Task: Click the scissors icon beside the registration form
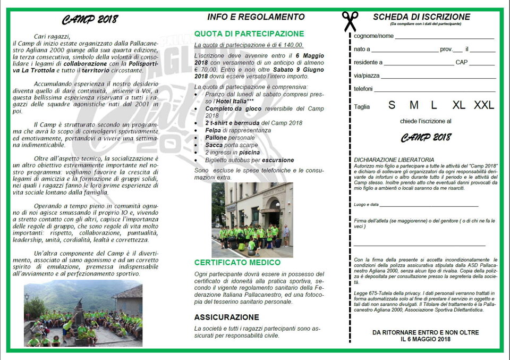pyautogui.click(x=350, y=21)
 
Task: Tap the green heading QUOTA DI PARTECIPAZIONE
pyautogui.click(x=249, y=34)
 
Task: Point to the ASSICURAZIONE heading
pyautogui.click(x=226, y=317)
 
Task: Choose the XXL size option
pyautogui.click(x=483, y=105)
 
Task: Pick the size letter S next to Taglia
pyautogui.click(x=392, y=105)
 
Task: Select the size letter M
pyautogui.click(x=413, y=105)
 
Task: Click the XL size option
pyautogui.click(x=459, y=105)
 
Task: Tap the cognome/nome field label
pyautogui.click(x=374, y=36)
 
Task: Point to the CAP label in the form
pyautogui.click(x=462, y=62)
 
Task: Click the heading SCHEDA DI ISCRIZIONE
pyautogui.click(x=421, y=17)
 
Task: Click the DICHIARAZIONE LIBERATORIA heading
pyautogui.click(x=394, y=160)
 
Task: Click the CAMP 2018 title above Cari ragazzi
pyautogui.click(x=90, y=20)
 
